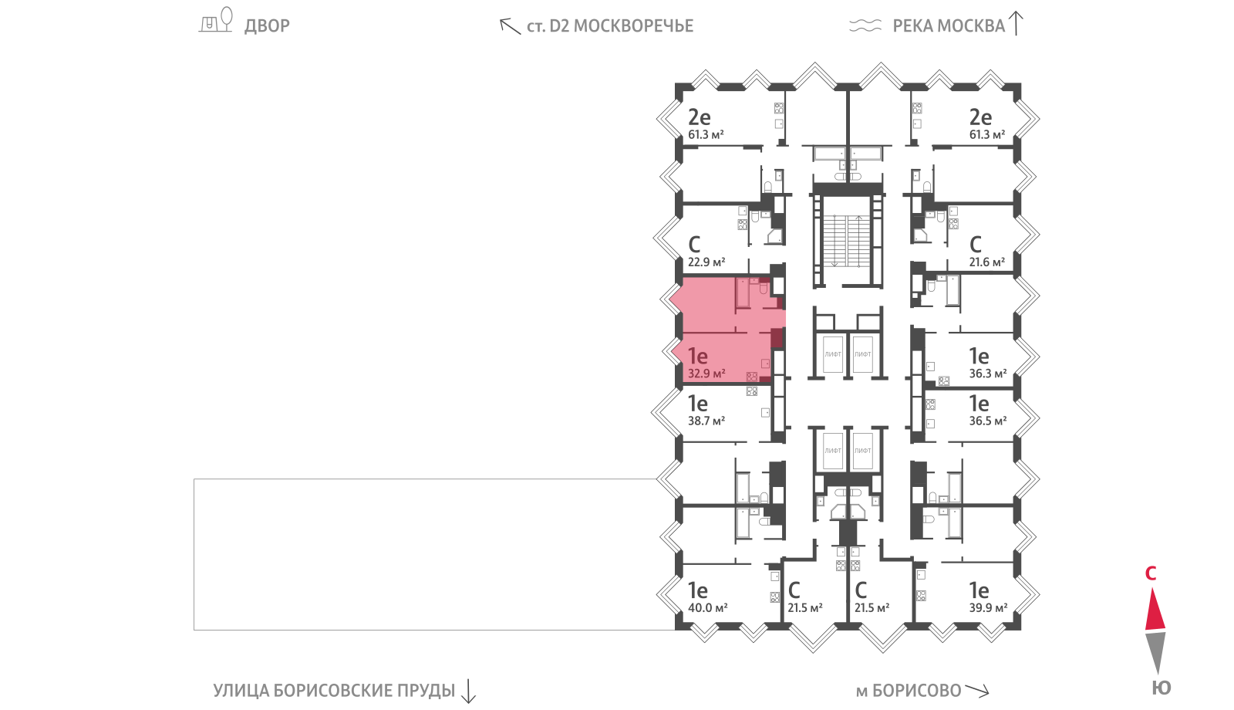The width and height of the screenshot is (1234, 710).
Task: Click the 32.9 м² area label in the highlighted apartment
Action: click(706, 374)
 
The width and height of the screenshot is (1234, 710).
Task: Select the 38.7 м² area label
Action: click(706, 421)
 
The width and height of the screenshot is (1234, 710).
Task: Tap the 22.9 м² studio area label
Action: click(706, 262)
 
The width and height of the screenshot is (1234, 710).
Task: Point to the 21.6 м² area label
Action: click(987, 262)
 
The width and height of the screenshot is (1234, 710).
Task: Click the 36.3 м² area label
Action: click(988, 374)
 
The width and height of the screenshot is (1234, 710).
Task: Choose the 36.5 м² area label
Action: click(988, 421)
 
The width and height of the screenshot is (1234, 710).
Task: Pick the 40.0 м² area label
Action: click(708, 607)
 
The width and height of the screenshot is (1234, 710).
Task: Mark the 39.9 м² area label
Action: click(988, 607)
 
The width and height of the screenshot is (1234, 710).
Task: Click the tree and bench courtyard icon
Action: click(215, 20)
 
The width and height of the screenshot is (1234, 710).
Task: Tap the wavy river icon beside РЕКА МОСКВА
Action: click(865, 26)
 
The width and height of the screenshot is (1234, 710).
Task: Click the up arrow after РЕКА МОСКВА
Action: click(1016, 24)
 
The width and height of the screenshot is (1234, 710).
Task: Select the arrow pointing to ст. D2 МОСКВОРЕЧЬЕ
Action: click(510, 26)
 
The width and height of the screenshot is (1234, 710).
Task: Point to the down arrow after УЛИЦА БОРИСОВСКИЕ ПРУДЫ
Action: click(468, 691)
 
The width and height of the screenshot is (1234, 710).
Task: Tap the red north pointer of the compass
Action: click(1155, 609)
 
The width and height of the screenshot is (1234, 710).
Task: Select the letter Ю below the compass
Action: click(1162, 688)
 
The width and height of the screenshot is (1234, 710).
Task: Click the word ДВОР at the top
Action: click(267, 26)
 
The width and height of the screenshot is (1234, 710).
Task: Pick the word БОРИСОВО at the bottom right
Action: click(917, 691)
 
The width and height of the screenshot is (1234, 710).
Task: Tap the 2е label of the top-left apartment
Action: click(699, 117)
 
